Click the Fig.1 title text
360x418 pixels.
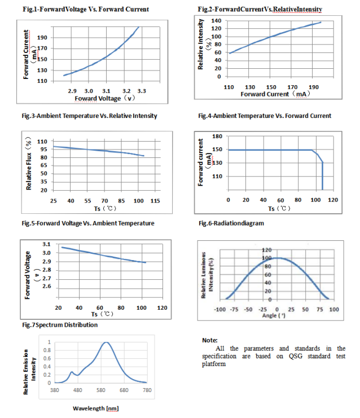click(x=86, y=10)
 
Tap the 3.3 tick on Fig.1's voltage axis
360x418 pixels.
click(x=142, y=91)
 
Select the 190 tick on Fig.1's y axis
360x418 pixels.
click(x=42, y=37)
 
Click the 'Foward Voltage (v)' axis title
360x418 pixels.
click(x=104, y=98)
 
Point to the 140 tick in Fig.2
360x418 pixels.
click(x=216, y=20)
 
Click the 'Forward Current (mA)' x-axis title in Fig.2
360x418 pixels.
click(x=275, y=94)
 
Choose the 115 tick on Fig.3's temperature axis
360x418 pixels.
click(x=155, y=201)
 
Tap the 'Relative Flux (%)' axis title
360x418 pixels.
click(x=29, y=164)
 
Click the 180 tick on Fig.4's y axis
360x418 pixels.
click(x=217, y=136)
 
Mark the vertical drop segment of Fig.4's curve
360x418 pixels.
click(x=322, y=176)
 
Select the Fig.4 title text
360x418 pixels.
click(x=265, y=116)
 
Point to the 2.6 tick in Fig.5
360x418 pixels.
click(x=47, y=286)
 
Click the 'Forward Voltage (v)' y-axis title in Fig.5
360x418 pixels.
click(x=30, y=275)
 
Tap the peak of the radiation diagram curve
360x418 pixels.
click(x=278, y=258)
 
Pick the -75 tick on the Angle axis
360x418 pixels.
click(x=234, y=310)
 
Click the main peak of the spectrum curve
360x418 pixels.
click(x=106, y=342)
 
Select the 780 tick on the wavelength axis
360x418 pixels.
click(x=147, y=390)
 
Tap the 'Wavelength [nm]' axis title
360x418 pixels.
click(x=96, y=408)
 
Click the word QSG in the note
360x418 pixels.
click(x=296, y=356)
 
